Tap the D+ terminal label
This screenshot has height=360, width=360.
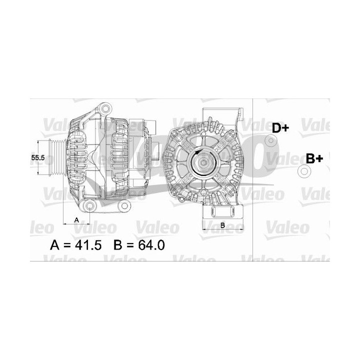[x=280, y=128]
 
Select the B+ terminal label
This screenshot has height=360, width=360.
[x=314, y=159]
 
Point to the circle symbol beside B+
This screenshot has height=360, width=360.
[x=303, y=171]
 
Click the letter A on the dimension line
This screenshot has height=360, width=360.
[x=76, y=219]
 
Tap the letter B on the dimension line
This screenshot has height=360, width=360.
[x=222, y=225]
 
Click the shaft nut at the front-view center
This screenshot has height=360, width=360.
[x=205, y=160]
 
